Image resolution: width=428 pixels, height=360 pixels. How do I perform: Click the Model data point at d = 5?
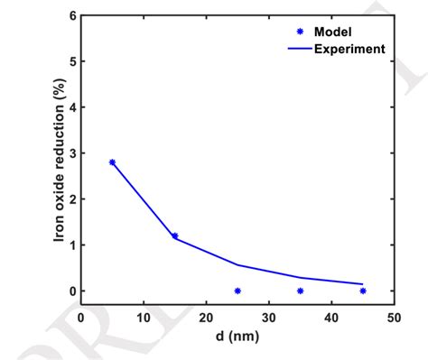point(112,162)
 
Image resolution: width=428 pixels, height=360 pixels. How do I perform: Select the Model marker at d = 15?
point(174,235)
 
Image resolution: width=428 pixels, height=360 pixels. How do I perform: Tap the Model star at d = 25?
point(237,291)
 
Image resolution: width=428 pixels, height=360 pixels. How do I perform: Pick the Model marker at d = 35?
point(300,291)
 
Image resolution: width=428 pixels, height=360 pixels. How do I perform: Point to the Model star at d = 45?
point(363,291)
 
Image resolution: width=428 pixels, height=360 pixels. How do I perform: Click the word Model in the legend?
point(332,32)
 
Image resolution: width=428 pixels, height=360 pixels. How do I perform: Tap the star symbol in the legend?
point(287,32)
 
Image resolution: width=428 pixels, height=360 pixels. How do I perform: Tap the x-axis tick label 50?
point(394,318)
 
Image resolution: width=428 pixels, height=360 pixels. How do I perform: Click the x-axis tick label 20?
point(206,318)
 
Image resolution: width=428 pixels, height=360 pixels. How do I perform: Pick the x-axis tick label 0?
point(81,318)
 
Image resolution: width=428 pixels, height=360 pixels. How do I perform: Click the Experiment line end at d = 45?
point(363,283)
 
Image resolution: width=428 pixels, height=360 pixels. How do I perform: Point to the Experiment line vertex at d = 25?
point(237,264)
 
